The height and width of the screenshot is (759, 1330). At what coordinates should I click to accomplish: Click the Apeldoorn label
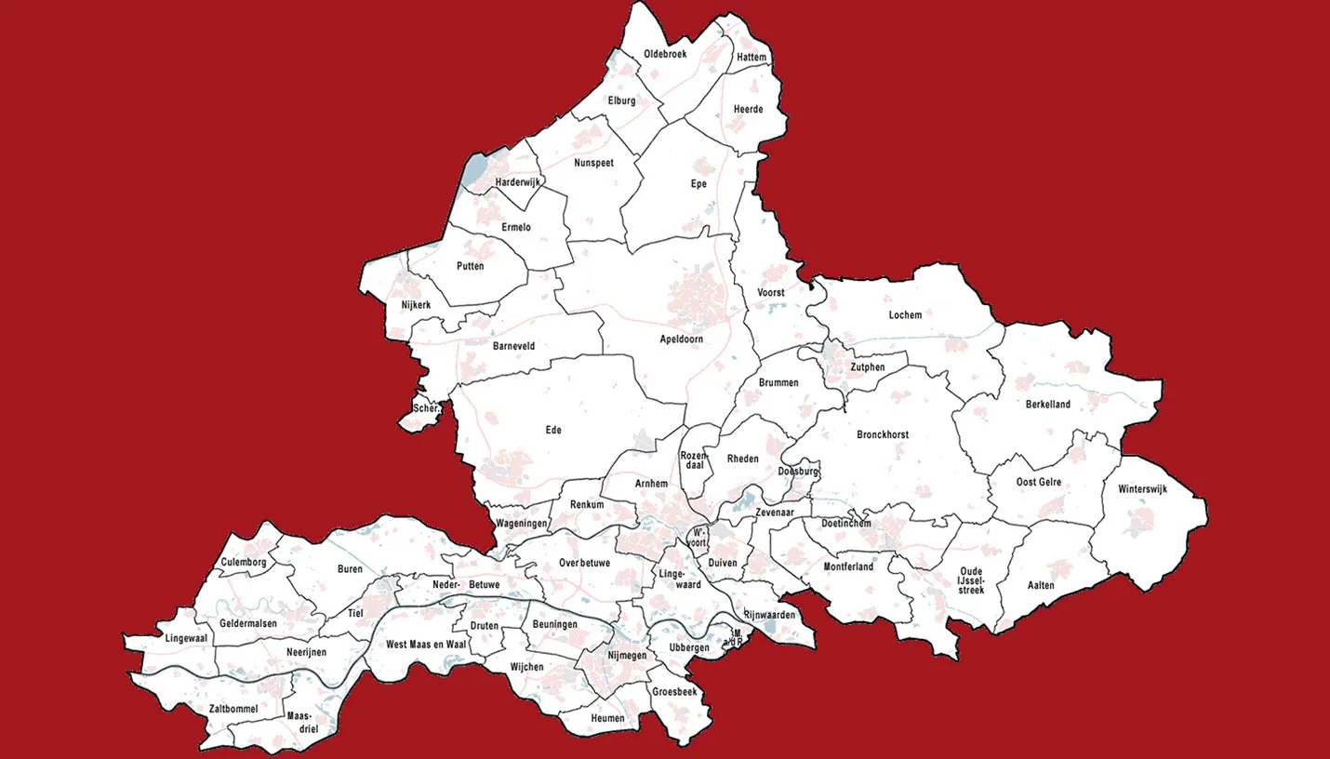681,340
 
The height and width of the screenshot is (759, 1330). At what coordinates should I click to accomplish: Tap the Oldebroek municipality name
665,54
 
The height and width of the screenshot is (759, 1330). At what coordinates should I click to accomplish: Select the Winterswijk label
1142,489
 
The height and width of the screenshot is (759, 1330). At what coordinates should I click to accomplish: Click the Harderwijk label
518,181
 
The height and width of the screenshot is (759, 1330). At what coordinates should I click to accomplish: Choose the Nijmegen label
626,656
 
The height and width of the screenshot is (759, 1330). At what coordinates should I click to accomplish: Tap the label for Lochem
905,315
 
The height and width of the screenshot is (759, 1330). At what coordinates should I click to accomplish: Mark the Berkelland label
1048,405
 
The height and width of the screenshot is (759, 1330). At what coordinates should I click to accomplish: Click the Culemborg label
244,563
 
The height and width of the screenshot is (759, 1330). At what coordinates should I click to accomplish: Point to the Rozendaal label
694,459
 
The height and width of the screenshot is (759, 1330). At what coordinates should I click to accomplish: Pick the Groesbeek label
674,692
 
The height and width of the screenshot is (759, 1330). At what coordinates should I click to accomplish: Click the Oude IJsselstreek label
970,580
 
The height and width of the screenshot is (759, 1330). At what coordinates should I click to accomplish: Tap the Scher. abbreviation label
426,407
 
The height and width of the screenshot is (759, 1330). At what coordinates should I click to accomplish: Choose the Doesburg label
798,472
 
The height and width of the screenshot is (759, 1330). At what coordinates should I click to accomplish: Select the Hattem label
751,58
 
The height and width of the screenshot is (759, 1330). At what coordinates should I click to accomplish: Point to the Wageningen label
522,524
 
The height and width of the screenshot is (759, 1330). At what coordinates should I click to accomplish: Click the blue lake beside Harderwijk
474,170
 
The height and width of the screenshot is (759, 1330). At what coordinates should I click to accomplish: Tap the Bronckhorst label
883,434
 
